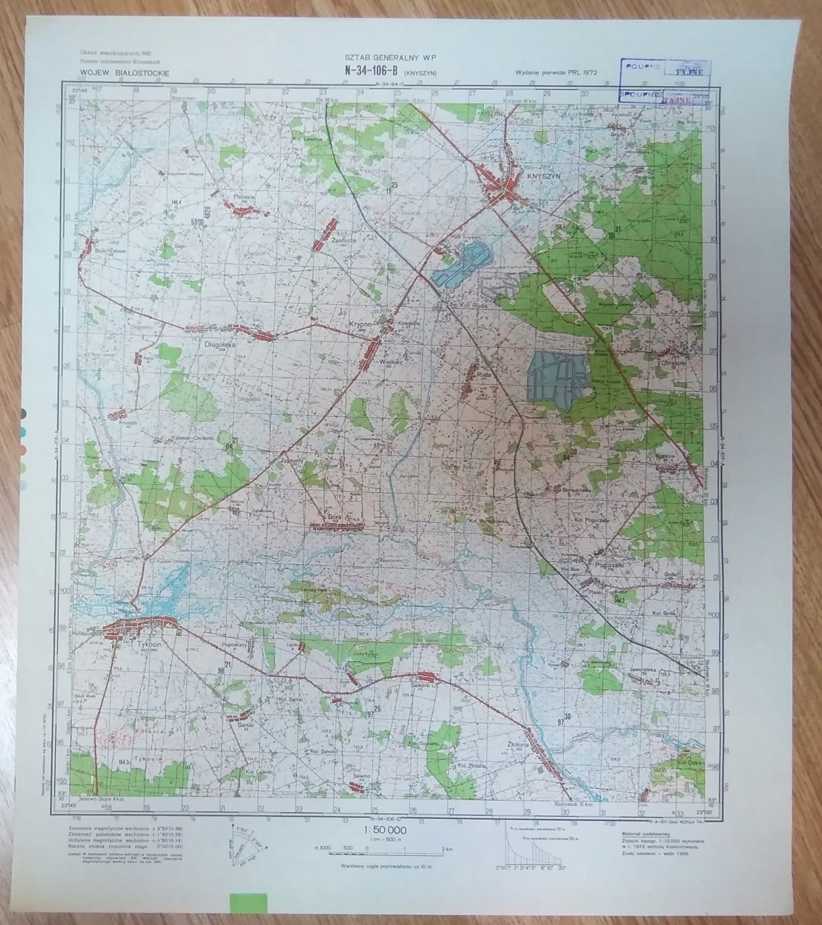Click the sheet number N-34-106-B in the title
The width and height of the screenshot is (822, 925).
pos(370,70)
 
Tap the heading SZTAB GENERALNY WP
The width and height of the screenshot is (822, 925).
pos(390,58)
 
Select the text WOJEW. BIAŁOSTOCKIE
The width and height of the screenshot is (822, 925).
pos(124,73)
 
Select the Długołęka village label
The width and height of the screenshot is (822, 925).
pos(220,345)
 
